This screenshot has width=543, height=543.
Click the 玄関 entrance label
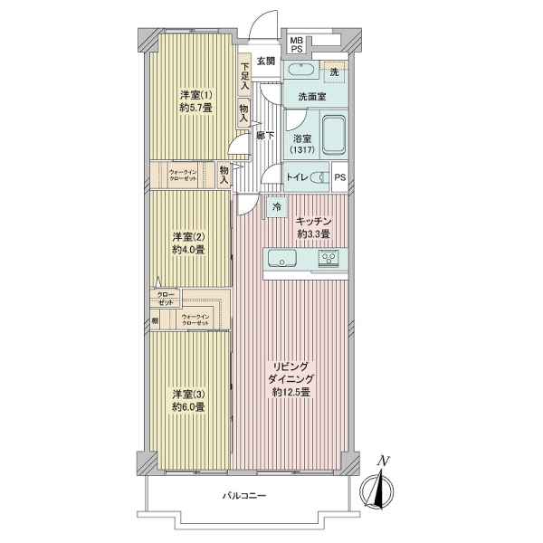coord(265,62)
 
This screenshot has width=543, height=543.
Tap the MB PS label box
coord(297,45)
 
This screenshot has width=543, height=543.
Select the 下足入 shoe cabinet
coord(244,75)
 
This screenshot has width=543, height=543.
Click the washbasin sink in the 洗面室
coord(301,70)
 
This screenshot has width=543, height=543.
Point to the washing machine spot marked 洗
coord(334,72)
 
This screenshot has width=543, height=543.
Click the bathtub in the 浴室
coord(334,136)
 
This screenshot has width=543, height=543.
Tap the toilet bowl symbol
coord(320,177)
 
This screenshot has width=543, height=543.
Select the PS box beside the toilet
coord(340,177)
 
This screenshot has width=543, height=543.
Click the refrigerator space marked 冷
coord(277,207)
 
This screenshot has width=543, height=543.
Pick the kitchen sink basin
coord(282,258)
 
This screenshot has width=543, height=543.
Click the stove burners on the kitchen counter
coord(329,258)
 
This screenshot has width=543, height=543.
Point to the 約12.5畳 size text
coord(291,393)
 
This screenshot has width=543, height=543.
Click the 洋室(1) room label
coord(196,94)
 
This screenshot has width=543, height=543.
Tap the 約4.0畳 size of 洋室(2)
coord(189,250)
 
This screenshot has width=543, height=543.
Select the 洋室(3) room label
coord(189,394)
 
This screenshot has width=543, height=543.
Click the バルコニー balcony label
coord(244,496)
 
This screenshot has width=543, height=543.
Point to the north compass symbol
coord(376,487)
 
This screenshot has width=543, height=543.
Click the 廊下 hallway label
coord(265,136)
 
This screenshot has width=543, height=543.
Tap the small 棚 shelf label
coord(155,321)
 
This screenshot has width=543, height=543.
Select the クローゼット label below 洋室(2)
coord(166,299)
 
